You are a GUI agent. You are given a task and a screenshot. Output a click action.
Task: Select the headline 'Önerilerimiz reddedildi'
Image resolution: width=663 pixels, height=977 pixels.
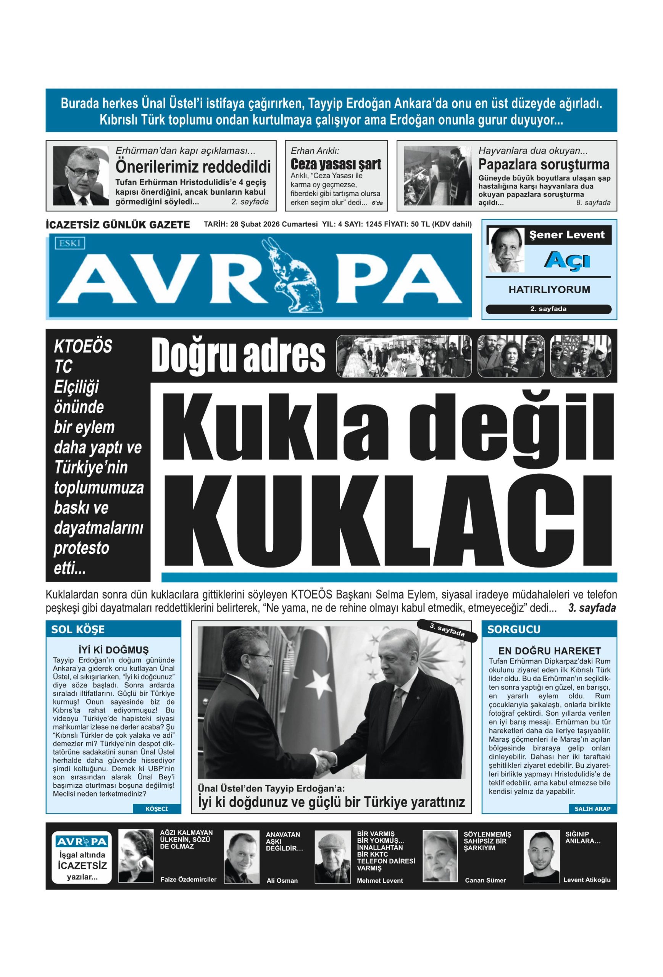[x=193, y=167]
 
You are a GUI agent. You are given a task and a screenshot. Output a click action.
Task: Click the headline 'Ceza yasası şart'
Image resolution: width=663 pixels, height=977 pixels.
[x=336, y=164]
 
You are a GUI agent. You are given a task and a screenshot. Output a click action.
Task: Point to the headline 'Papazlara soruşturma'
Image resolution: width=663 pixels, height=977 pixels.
[x=544, y=164]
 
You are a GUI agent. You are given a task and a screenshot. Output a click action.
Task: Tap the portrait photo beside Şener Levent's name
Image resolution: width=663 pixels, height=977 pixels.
[x=506, y=250]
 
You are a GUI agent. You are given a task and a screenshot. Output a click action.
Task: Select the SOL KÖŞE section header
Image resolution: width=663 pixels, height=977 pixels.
[x=78, y=629]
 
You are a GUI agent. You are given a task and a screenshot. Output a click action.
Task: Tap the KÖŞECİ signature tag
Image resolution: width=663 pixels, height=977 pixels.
[x=156, y=808]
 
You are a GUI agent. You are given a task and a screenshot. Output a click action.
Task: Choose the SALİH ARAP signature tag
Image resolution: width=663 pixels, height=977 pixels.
[x=592, y=808]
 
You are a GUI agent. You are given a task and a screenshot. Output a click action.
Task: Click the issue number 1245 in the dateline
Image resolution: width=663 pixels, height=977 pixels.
[x=373, y=224]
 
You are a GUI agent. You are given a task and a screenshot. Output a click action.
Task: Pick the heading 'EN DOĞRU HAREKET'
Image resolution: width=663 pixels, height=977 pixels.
[x=549, y=650]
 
